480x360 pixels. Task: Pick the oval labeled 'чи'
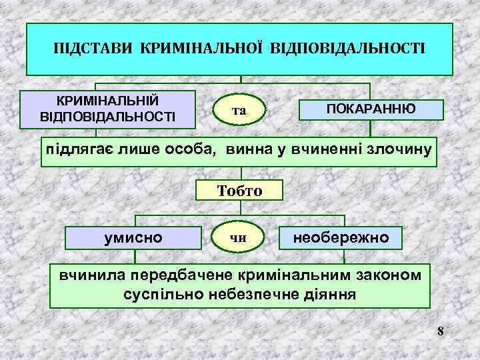coord(238,237)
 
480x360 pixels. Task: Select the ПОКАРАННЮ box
coord(371,109)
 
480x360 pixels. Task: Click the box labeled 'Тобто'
coord(240,191)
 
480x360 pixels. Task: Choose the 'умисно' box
coord(134,236)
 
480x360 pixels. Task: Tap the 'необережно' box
coord(342,236)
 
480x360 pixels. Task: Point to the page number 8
coord(441,331)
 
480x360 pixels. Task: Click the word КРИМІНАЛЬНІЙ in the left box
coord(107,101)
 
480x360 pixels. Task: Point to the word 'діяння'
coord(330,293)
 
